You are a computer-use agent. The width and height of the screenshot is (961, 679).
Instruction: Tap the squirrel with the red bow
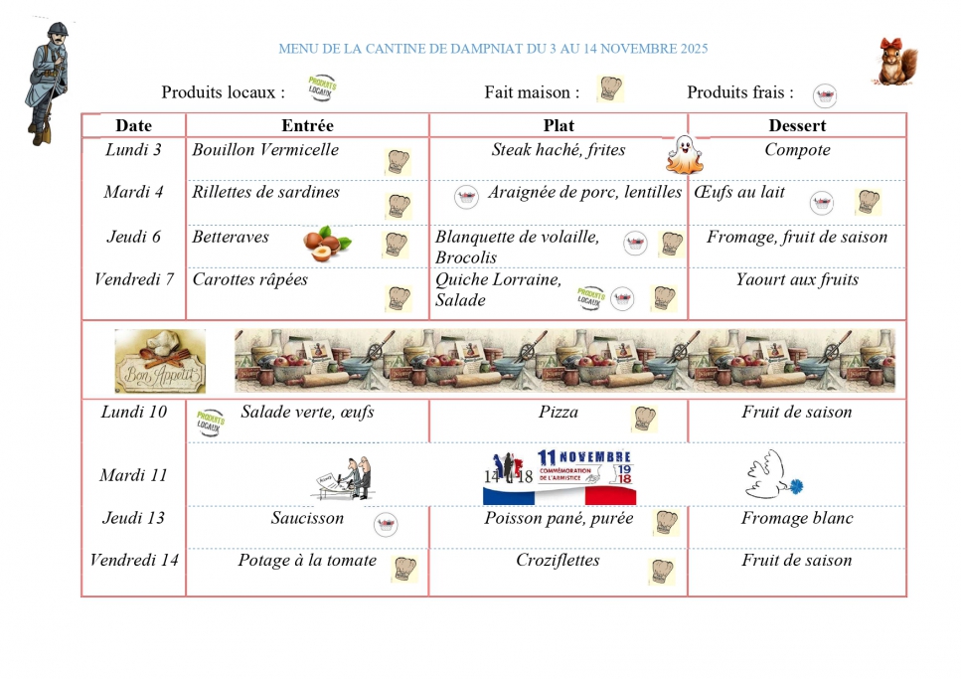coord(895,62)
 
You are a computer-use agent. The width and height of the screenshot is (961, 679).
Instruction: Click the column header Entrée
coord(307,125)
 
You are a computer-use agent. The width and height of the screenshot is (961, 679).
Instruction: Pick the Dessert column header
coord(797,125)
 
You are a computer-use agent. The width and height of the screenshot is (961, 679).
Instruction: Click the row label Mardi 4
coord(133,192)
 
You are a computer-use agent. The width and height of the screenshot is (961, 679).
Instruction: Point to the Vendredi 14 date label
coord(134,560)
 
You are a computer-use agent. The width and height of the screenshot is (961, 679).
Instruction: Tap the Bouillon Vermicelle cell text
coord(265,150)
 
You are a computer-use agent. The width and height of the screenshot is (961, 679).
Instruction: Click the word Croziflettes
coord(558,560)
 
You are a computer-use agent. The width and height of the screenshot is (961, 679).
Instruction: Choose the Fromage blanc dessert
coord(797,518)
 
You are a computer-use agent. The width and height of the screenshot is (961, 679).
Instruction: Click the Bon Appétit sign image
coord(160,361)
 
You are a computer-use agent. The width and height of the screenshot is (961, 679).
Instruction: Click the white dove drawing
coord(770,475)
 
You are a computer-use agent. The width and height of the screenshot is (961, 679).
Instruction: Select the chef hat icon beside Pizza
coord(645,419)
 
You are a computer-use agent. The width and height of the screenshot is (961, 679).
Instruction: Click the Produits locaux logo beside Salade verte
coord(210,423)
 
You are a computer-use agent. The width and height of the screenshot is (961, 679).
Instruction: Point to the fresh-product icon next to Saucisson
coord(386,524)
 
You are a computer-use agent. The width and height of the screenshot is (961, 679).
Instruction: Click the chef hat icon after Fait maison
coord(610,89)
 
